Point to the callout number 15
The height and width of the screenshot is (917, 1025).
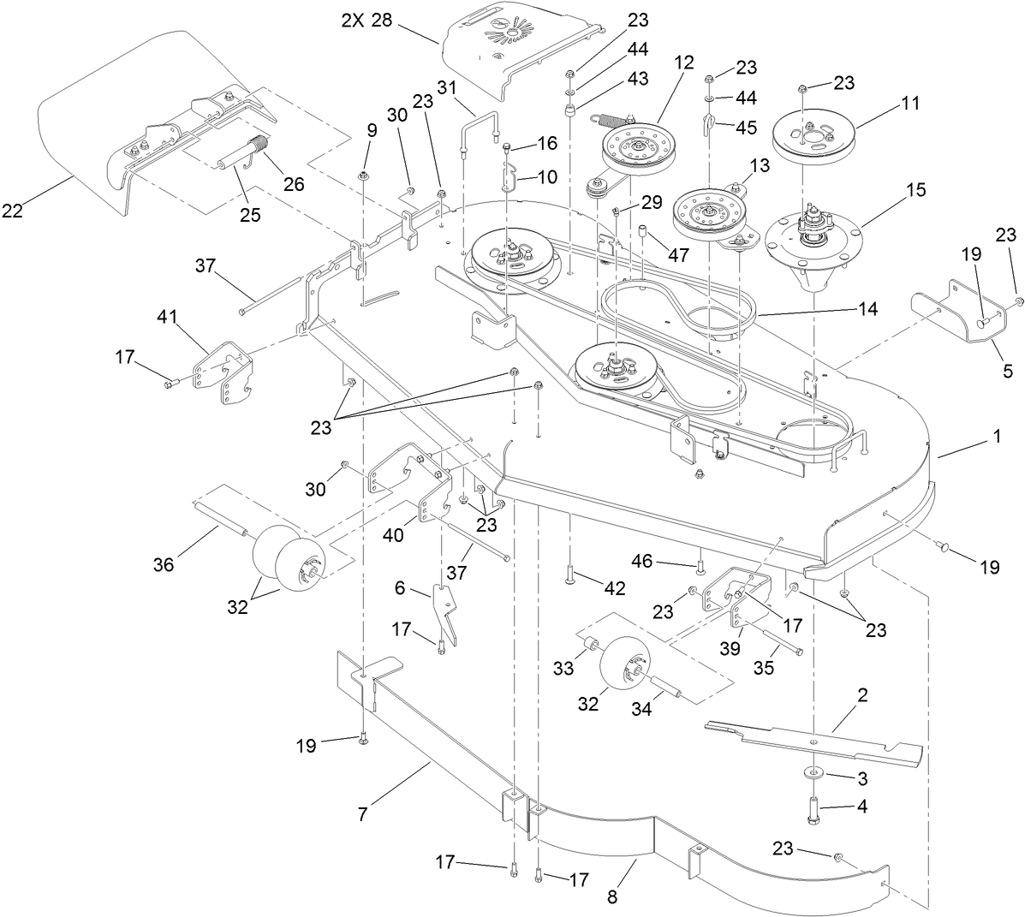coord(915,190)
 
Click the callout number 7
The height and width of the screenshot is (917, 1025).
coord(362,815)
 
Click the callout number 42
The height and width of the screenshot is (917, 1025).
coord(614,588)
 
